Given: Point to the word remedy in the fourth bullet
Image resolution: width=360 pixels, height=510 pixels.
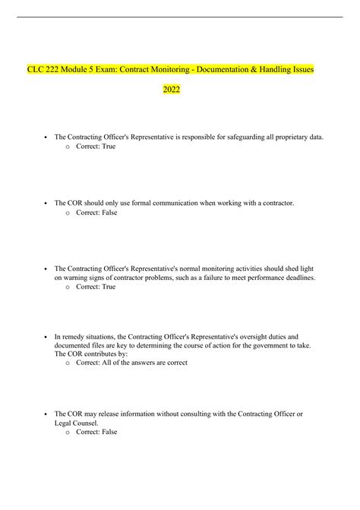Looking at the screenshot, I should click(76, 335).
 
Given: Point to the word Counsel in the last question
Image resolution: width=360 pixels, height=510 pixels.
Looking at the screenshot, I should click(98, 423).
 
